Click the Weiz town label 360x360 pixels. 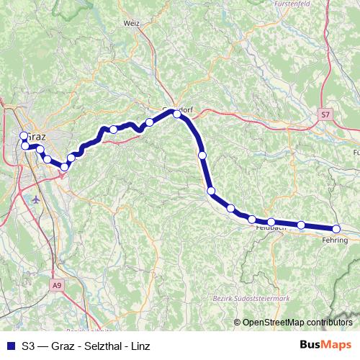pos(131,23)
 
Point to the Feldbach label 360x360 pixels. pos(271,228)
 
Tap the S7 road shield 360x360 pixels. pos(326,114)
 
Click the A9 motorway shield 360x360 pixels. pos(57,286)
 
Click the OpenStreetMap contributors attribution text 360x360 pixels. pos(297,322)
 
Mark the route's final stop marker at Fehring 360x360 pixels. pos(336,229)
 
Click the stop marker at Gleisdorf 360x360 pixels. pos(177,114)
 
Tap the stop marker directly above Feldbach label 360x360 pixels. pos(271,222)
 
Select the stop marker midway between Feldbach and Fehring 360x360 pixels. pos(301,225)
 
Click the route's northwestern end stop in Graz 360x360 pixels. pos(23,135)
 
